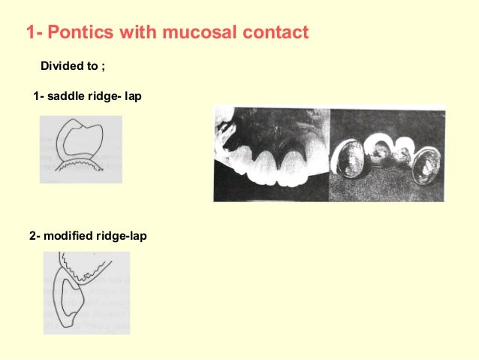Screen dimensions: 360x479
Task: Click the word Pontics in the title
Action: [80, 34]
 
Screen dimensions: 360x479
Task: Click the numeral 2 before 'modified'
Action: [32, 236]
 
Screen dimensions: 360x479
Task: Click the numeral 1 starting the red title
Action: [29, 34]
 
